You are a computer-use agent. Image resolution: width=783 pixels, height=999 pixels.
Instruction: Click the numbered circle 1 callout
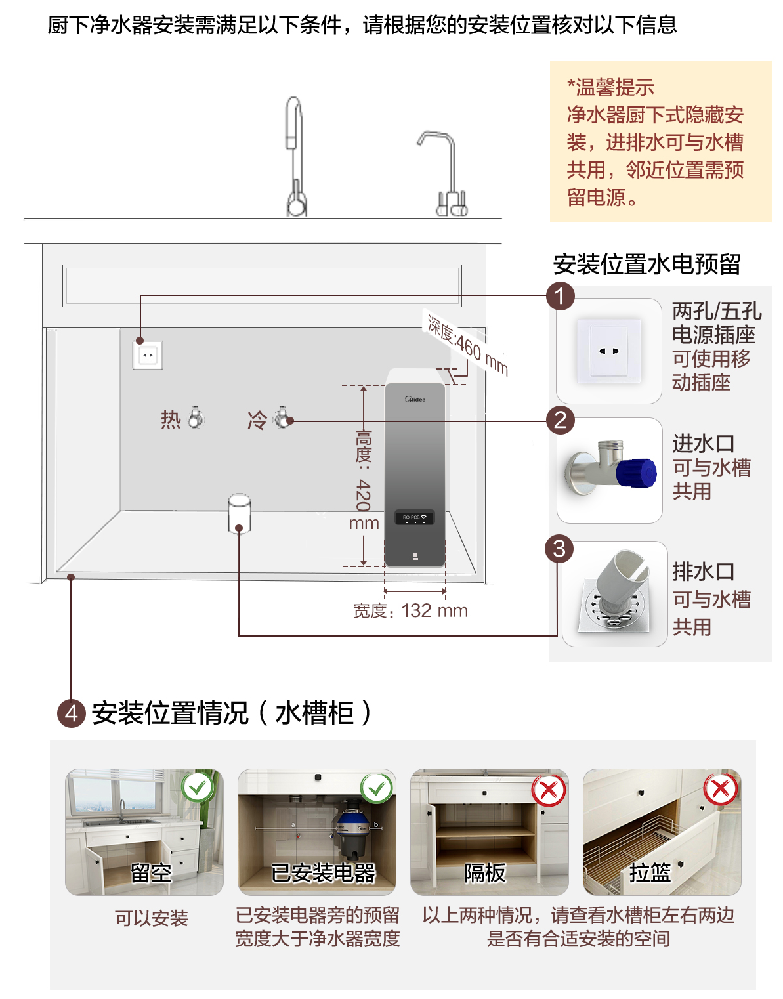[x=560, y=296]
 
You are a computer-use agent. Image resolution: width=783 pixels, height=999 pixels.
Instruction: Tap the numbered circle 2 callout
[x=560, y=420]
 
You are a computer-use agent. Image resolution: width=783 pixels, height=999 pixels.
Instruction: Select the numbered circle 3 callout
[x=559, y=549]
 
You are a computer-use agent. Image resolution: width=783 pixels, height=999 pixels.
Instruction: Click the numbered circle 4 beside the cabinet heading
[x=72, y=713]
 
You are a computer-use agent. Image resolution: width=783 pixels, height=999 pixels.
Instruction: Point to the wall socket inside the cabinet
[x=148, y=355]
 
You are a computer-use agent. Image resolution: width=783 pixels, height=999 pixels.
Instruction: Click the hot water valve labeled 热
[x=196, y=418]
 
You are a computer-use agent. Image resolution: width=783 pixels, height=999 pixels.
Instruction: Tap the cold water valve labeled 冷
[x=283, y=418]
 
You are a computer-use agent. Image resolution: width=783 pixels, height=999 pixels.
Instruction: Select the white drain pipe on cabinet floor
[x=239, y=513]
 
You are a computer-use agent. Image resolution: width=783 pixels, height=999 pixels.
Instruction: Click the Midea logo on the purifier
[x=415, y=399]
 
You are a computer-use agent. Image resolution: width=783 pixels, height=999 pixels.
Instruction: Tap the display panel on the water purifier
[x=415, y=517]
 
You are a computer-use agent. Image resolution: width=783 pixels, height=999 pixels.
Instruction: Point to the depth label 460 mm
[x=467, y=347]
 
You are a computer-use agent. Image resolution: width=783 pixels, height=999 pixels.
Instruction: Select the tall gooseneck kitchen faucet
[x=295, y=158]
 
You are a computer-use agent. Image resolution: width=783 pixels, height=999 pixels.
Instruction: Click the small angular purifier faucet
[x=445, y=174]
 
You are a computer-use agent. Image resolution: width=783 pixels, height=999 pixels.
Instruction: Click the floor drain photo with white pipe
[x=614, y=594]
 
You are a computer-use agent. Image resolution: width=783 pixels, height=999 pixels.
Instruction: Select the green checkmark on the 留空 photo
[x=198, y=786]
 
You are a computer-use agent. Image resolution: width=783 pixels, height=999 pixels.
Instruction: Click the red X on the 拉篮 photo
[x=720, y=789]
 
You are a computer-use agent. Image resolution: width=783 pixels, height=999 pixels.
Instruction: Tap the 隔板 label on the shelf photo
[x=484, y=873]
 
